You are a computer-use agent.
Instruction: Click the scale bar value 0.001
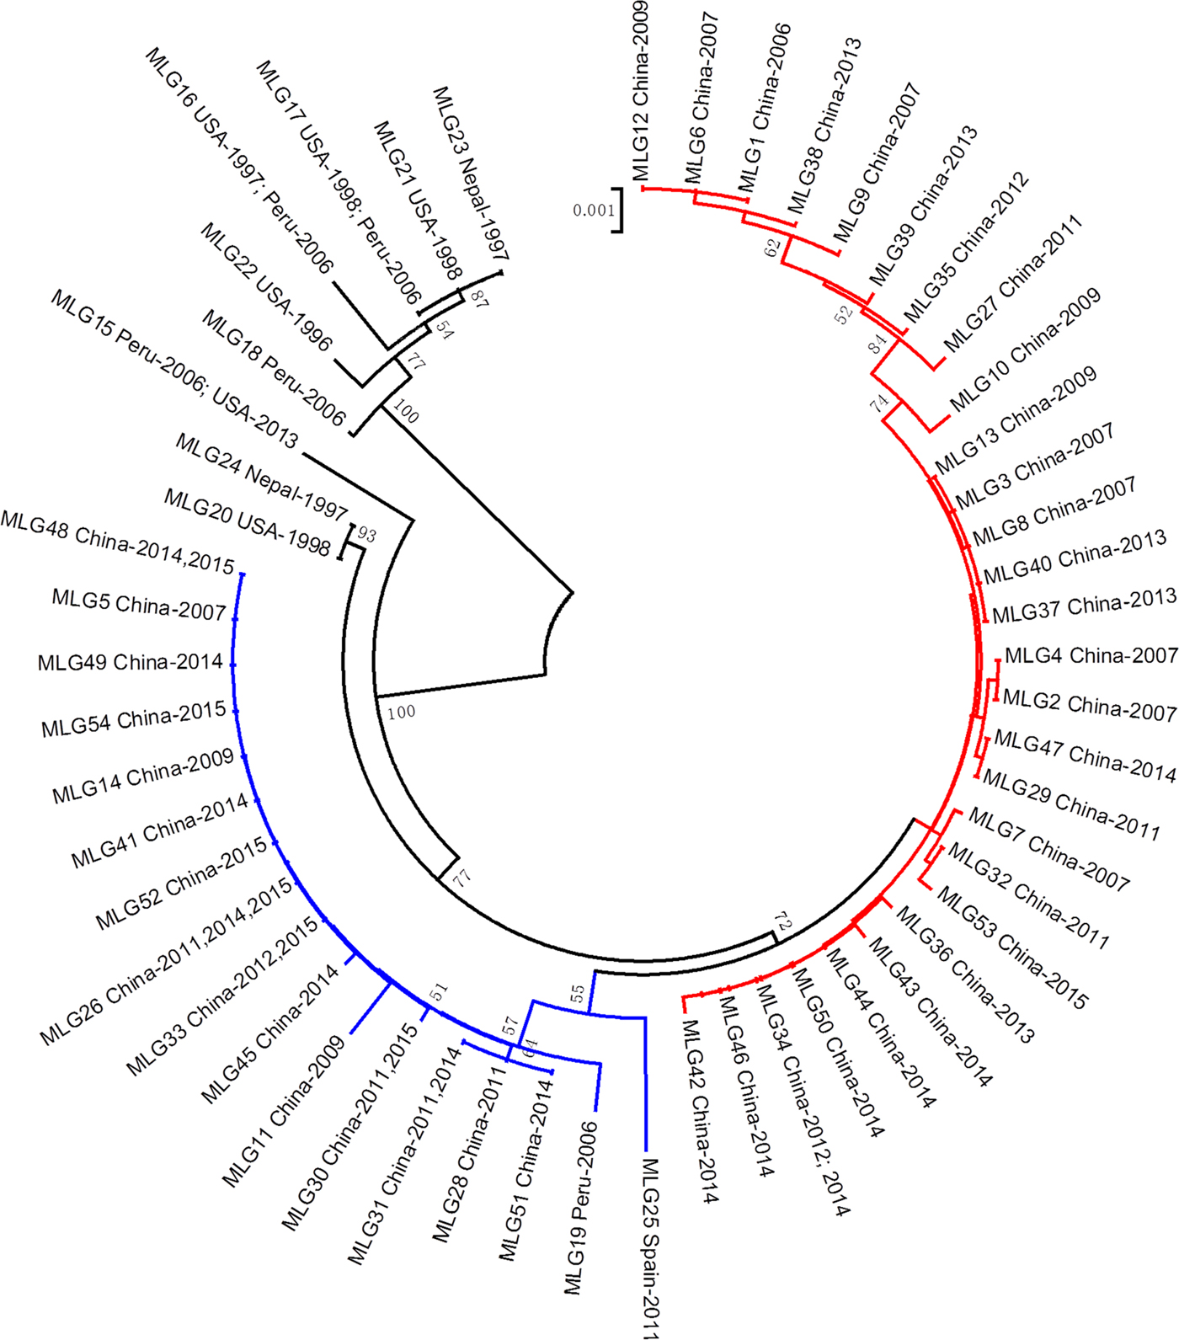(594, 211)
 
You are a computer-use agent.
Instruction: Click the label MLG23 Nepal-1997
(471, 173)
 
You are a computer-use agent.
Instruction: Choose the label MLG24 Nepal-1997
(261, 477)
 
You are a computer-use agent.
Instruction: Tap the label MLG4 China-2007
(1091, 655)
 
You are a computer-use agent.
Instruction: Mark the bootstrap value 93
(367, 535)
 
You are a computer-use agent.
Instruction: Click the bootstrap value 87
(479, 298)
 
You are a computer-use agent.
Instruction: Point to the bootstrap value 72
(784, 923)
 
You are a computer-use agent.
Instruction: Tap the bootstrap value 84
(878, 344)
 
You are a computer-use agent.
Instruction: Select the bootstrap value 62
(773, 248)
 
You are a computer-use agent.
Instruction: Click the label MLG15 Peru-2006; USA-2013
(174, 369)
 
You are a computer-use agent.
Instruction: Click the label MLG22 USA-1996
(266, 287)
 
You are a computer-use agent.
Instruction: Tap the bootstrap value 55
(578, 994)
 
